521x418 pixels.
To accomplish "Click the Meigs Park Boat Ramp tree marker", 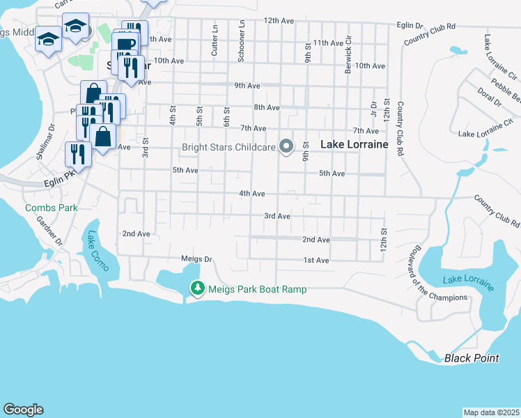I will [198, 288].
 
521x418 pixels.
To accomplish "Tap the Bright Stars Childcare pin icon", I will [286, 146].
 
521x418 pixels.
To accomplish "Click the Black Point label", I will [472, 358].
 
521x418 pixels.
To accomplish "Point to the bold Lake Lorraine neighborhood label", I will [354, 144].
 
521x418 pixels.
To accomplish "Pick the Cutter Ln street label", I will [215, 42].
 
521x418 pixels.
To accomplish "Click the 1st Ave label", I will [316, 261].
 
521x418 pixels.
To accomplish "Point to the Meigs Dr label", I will [196, 258].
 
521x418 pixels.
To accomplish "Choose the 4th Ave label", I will [252, 193].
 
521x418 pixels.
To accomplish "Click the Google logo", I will [23, 410].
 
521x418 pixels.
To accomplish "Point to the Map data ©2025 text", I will [491, 412].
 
